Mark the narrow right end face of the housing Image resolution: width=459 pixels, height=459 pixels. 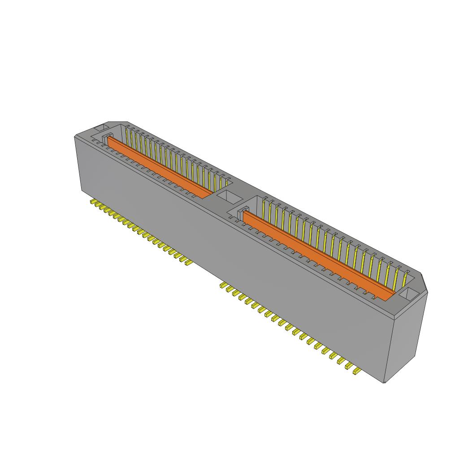pyautogui.click(x=409, y=341)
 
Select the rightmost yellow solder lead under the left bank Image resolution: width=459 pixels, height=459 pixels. pyautogui.click(x=188, y=263)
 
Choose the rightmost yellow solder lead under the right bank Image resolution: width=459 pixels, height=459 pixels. pyautogui.click(x=357, y=371)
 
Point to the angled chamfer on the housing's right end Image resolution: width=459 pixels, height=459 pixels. pyautogui.click(x=423, y=282)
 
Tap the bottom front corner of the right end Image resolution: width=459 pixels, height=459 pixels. pyautogui.click(x=385, y=382)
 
